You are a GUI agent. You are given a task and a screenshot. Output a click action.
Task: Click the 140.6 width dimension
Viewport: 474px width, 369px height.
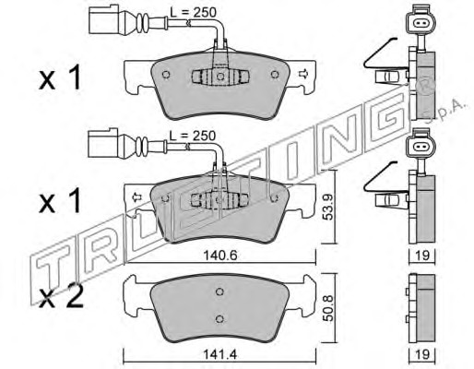pyautogui.click(x=220, y=256)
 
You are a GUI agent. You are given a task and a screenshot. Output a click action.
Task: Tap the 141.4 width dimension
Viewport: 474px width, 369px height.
pyautogui.click(x=220, y=354)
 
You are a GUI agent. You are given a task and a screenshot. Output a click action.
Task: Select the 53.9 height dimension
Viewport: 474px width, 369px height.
pyautogui.click(x=328, y=207)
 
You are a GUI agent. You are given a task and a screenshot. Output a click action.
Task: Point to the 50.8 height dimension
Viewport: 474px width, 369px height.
pyautogui.click(x=328, y=308)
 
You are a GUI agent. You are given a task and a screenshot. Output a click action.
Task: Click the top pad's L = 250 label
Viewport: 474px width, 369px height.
pyautogui.click(x=193, y=12)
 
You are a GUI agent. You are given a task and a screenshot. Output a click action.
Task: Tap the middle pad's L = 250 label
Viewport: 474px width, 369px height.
pyautogui.click(x=193, y=136)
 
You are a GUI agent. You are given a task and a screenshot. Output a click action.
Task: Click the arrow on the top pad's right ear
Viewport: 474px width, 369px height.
pyautogui.click(x=303, y=74)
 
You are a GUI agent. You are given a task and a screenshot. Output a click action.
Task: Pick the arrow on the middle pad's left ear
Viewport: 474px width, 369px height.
pyautogui.click(x=136, y=197)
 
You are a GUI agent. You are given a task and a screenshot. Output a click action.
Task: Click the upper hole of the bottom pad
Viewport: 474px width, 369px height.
pyautogui.click(x=219, y=292)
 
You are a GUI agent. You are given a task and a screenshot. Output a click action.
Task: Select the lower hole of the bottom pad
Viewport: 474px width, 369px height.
pyautogui.click(x=219, y=318)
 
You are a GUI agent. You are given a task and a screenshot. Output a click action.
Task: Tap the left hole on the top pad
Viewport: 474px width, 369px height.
pyautogui.click(x=166, y=75)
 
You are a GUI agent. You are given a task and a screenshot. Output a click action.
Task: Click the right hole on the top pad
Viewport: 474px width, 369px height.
pyautogui.click(x=275, y=75)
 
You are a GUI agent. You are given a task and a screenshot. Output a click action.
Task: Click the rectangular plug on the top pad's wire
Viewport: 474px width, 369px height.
pyautogui.click(x=104, y=19)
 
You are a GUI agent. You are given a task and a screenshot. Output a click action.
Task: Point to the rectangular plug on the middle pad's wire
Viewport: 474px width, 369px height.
pyautogui.click(x=103, y=143)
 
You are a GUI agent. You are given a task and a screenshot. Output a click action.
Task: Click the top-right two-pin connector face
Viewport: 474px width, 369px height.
pyautogui.click(x=421, y=23)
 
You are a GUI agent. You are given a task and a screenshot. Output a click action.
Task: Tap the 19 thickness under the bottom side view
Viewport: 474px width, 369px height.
pyautogui.click(x=422, y=354)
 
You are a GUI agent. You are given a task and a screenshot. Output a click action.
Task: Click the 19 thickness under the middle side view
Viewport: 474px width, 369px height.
pyautogui.click(x=422, y=256)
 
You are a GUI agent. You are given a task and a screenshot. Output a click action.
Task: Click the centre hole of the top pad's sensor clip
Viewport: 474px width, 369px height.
pyautogui.click(x=220, y=76)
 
